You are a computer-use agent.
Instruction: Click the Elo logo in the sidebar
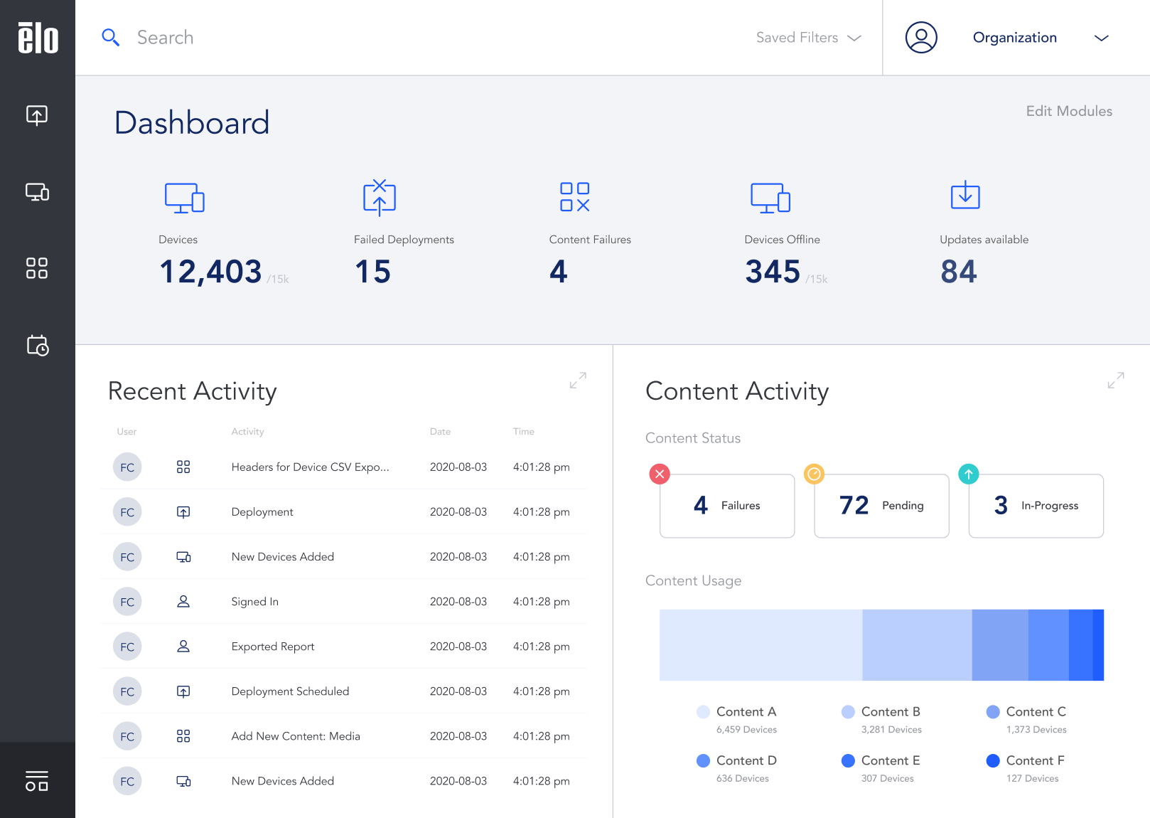click(x=38, y=38)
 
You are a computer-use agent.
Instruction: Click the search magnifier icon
click(x=110, y=37)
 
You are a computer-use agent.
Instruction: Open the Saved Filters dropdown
click(x=808, y=38)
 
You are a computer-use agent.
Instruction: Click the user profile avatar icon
click(x=920, y=38)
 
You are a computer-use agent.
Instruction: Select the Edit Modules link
click(x=1068, y=111)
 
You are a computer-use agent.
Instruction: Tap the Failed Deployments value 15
click(x=372, y=272)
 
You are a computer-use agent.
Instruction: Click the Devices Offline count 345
click(x=772, y=272)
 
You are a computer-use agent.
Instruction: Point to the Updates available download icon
click(x=964, y=195)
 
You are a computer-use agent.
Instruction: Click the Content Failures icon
click(x=574, y=197)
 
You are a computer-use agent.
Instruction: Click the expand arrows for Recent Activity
click(x=578, y=381)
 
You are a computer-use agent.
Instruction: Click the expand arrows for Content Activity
click(x=1115, y=381)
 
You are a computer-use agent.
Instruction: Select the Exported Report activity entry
click(x=272, y=647)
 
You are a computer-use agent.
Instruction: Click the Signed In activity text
click(x=254, y=602)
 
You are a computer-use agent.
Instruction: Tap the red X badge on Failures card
click(x=660, y=474)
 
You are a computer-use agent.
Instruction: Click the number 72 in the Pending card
click(x=854, y=506)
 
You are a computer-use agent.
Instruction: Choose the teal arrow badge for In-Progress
click(x=968, y=474)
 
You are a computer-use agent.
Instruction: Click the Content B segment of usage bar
click(x=916, y=645)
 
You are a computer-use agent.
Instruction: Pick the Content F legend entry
click(x=1034, y=761)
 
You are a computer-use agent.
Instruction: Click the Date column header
click(x=440, y=432)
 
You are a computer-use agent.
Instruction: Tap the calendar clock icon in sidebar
click(x=37, y=346)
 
